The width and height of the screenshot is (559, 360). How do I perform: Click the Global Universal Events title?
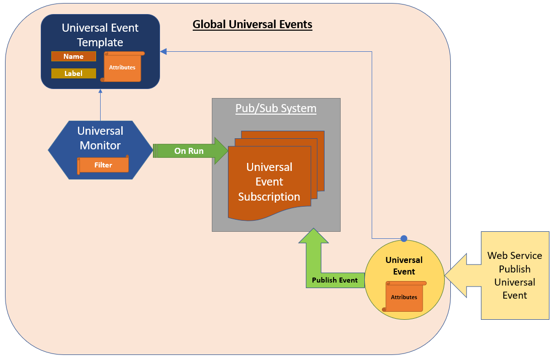point(253,25)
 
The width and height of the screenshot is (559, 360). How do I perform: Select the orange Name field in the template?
point(73,57)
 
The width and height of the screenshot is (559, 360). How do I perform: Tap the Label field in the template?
point(73,73)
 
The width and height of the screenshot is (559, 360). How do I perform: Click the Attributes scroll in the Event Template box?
point(122,67)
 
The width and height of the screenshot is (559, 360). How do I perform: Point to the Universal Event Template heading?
point(100,35)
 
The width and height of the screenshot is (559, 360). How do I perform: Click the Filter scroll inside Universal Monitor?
point(103,165)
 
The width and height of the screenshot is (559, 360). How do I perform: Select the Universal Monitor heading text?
point(100,138)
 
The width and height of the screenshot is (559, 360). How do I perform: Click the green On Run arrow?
point(189,151)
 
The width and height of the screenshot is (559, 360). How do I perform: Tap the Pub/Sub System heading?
point(276,109)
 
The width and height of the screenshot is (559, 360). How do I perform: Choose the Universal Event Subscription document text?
point(269,182)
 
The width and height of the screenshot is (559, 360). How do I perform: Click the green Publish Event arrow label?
point(335,280)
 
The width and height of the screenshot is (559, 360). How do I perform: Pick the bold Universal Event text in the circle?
point(404,266)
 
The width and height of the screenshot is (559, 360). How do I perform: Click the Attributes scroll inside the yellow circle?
point(404,297)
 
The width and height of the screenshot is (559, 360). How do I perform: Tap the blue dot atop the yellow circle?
point(404,238)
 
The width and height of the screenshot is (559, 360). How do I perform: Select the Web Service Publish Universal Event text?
point(515,276)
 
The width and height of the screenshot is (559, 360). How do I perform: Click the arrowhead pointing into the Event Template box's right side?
point(163,51)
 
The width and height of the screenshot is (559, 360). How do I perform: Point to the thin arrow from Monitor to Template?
point(101,106)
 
